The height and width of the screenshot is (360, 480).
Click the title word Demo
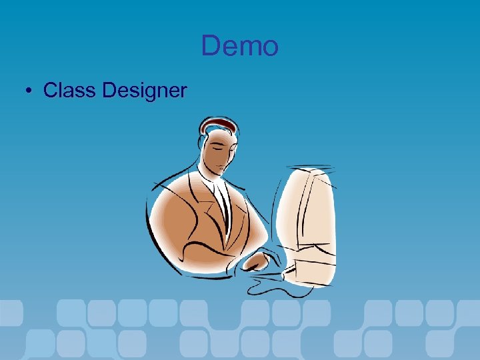[x=239, y=47]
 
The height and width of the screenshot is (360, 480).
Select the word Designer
[x=145, y=90]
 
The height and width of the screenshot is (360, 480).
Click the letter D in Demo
[x=211, y=47]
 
